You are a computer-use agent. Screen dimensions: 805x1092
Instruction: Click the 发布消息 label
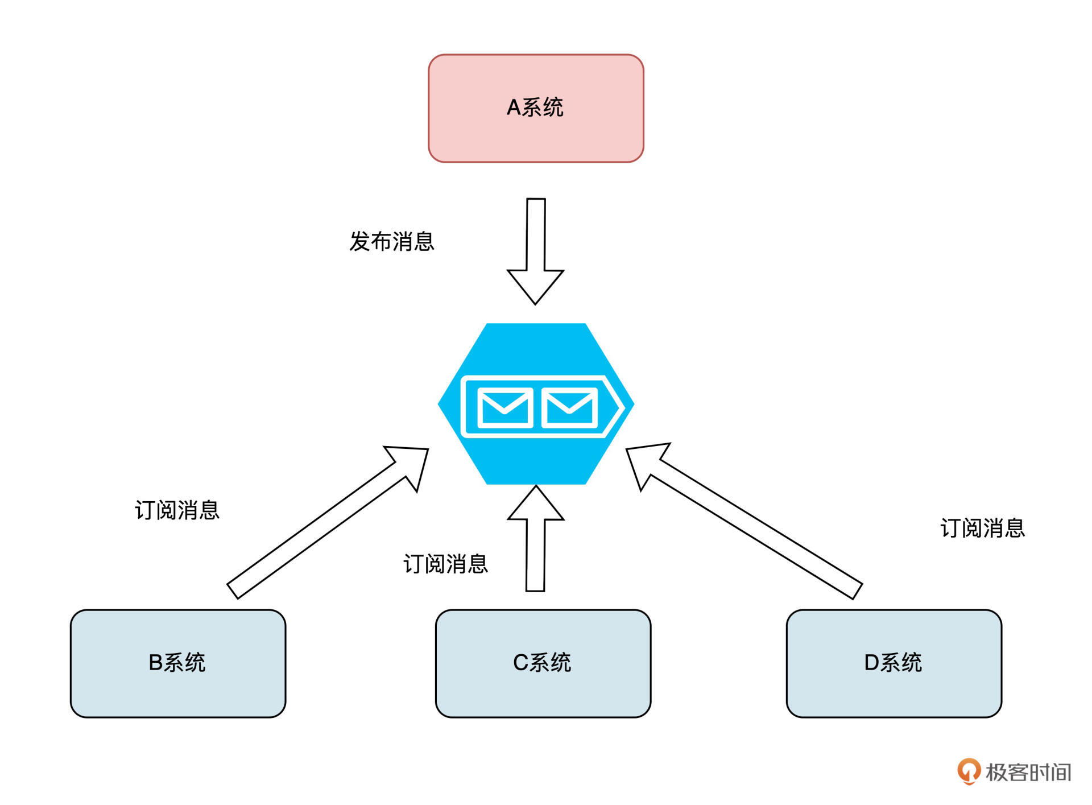pos(392,241)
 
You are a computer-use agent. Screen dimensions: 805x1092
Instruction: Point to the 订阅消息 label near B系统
pos(177,510)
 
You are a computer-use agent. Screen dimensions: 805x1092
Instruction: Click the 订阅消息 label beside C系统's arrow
pos(445,564)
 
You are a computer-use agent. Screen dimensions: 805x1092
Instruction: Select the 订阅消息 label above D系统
pos(982,528)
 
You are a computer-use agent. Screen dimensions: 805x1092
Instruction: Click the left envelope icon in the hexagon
pos(504,407)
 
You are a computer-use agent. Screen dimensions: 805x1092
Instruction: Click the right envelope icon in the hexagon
pos(569,407)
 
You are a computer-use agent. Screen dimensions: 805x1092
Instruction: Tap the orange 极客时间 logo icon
pos(969,771)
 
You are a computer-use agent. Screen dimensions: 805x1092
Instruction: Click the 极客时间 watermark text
pos(1028,772)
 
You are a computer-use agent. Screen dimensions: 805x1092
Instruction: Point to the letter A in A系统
pos(514,108)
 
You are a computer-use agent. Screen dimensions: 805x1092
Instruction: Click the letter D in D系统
pos(871,662)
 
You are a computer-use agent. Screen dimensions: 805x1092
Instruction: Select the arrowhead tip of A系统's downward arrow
pos(535,302)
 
